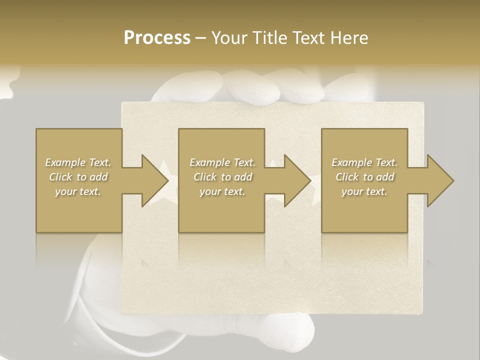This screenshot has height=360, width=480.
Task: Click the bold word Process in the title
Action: tap(157, 38)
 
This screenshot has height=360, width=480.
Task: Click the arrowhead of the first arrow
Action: tap(155, 180)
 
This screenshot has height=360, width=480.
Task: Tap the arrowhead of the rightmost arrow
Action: tap(440, 180)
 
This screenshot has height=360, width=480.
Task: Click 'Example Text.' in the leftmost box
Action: tap(78, 162)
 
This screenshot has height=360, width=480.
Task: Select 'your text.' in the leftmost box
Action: tap(78, 191)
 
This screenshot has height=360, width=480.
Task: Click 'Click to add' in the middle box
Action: tap(222, 177)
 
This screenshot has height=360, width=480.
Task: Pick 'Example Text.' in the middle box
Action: tap(222, 162)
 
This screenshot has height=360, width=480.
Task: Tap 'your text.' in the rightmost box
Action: tap(364, 191)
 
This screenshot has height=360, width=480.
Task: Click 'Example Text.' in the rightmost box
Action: tap(364, 162)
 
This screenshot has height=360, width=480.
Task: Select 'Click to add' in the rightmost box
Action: tap(364, 177)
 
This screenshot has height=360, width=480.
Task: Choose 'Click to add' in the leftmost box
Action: tap(78, 177)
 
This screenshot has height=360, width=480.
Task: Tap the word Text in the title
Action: tap(308, 38)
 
